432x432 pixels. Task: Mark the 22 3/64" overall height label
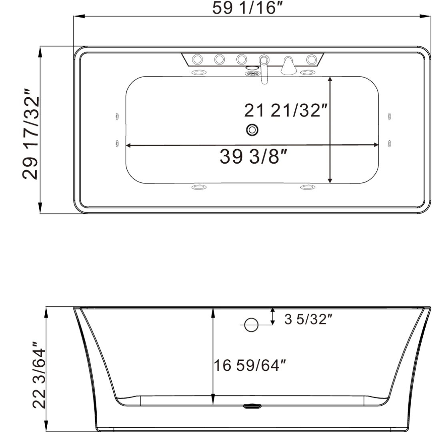(38, 374)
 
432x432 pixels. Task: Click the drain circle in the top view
(252, 130)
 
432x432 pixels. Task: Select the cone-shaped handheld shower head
(288, 66)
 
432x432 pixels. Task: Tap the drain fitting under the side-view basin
(251, 407)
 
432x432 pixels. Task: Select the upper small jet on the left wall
(117, 116)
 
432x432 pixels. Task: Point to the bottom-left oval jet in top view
(199, 187)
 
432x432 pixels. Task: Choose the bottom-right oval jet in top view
(308, 187)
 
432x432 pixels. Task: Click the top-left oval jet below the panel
(199, 73)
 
